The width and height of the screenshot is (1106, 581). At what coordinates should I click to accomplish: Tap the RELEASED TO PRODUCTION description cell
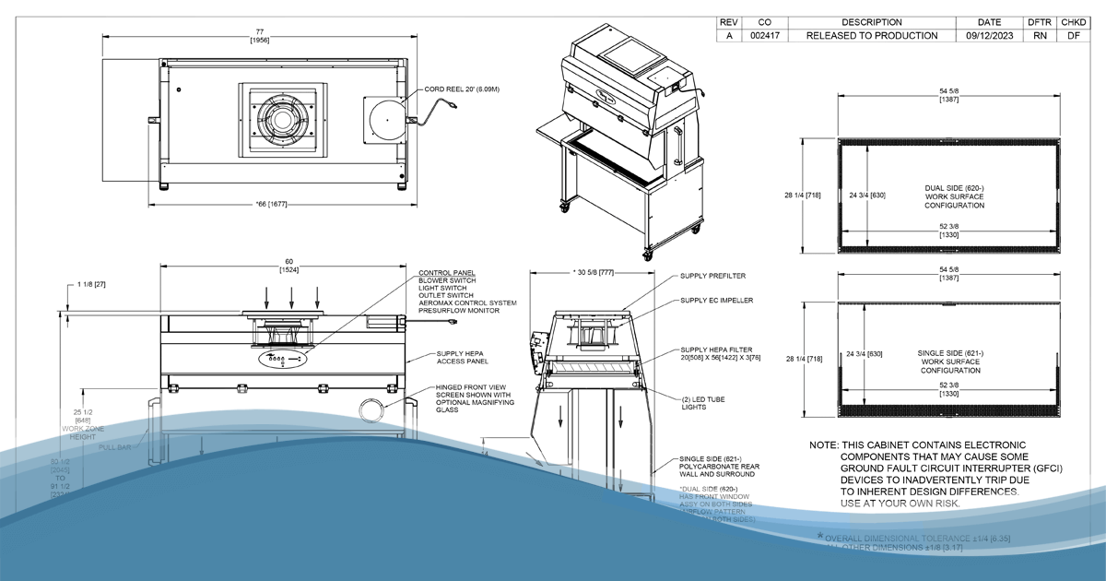[x=871, y=36]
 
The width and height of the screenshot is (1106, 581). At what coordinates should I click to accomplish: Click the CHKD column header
[x=1072, y=21]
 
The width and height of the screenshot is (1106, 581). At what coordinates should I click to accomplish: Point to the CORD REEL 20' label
[x=462, y=89]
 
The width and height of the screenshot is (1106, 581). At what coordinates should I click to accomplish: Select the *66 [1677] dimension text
[x=278, y=204]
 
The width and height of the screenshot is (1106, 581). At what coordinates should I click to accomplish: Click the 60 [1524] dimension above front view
[x=284, y=267]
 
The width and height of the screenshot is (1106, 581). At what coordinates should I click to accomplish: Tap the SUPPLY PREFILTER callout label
[x=713, y=275]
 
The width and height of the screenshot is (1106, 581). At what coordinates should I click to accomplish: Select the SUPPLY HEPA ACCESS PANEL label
[x=463, y=357]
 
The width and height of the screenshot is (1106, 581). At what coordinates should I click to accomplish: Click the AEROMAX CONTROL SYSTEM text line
[x=467, y=302]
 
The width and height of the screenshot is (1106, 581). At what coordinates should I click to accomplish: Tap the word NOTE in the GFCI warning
[x=823, y=445]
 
